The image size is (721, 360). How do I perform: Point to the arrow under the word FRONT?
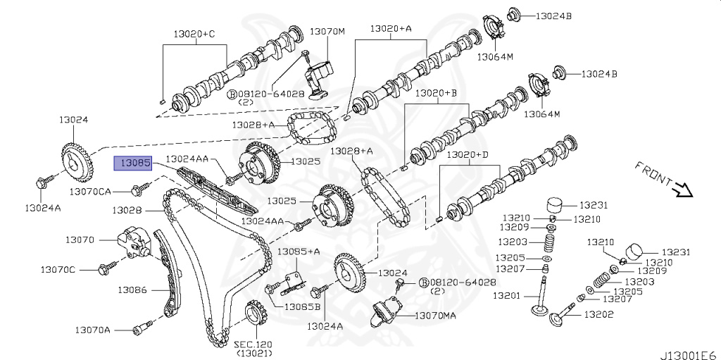pyautogui.click(x=681, y=190)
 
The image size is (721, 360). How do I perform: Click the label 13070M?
pyautogui.click(x=327, y=32)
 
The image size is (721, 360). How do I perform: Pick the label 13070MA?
pyautogui.click(x=434, y=316)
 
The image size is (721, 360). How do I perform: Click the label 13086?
pyautogui.click(x=132, y=289)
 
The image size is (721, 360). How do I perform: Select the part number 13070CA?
pyautogui.click(x=90, y=191)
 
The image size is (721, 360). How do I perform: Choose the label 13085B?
pyautogui.click(x=302, y=306)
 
